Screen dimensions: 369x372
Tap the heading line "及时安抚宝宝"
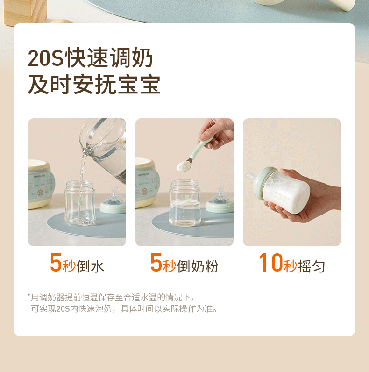coord(94,85)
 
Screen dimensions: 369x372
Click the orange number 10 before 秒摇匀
coord(271,262)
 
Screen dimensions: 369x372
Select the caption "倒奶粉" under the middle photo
coord(197,266)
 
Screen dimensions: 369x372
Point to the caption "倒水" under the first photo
coord(90,266)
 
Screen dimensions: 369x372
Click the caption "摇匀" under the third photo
coord(311,266)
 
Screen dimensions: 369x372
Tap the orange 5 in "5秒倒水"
coord(56,262)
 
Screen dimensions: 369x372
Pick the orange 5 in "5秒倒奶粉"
coord(156,262)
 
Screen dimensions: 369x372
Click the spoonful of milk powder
coord(183,165)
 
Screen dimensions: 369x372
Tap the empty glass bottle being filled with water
coord(80,203)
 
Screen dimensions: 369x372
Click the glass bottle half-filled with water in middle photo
coord(185,203)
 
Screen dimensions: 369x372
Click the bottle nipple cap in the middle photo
coord(220,200)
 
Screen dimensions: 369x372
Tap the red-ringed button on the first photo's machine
coord(40,193)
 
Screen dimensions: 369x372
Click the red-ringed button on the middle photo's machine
coord(145,192)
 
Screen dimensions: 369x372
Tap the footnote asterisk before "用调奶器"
coord(28,296)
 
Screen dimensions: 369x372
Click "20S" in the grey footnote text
coord(63,309)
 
